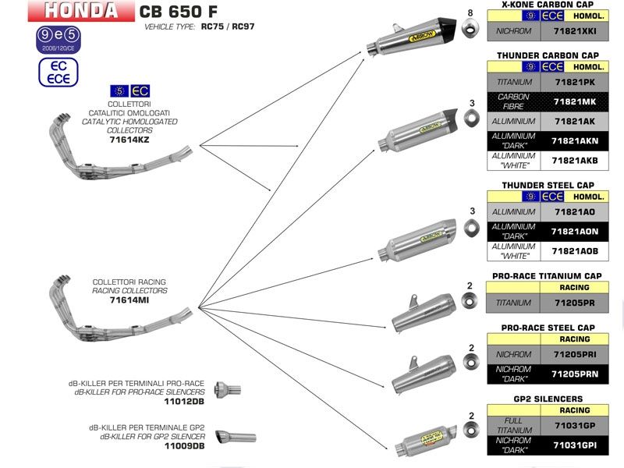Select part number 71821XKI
(x=573, y=32)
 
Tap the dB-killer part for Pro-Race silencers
(x=228, y=388)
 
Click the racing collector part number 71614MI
(x=129, y=300)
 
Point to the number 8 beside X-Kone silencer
(x=470, y=13)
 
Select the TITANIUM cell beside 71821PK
(x=514, y=82)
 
